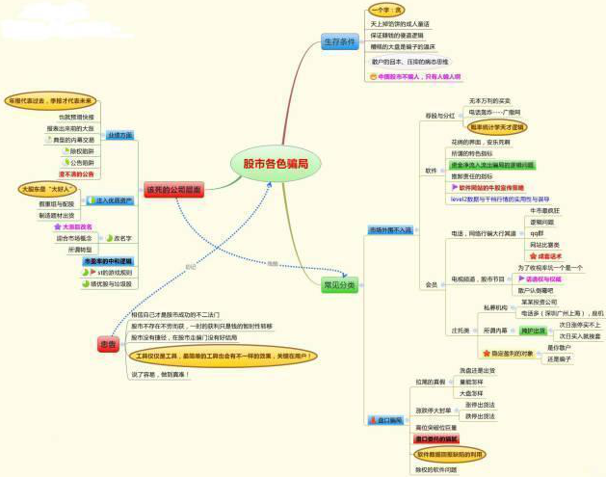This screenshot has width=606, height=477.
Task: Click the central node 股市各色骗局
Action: [275, 165]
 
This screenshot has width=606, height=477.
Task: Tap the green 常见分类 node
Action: [338, 284]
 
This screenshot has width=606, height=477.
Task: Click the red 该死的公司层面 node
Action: [173, 190]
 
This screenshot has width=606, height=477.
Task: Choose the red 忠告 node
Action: [108, 344]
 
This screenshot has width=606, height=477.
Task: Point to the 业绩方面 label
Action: [120, 137]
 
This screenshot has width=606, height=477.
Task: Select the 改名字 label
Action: [122, 237]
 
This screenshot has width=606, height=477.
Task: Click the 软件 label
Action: [431, 170]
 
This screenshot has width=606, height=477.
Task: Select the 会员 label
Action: [431, 284]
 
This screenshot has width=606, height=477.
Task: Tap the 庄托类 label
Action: [461, 331]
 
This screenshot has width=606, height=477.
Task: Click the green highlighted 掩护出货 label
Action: [533, 331]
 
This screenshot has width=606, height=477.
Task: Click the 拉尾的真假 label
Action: [431, 382]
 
